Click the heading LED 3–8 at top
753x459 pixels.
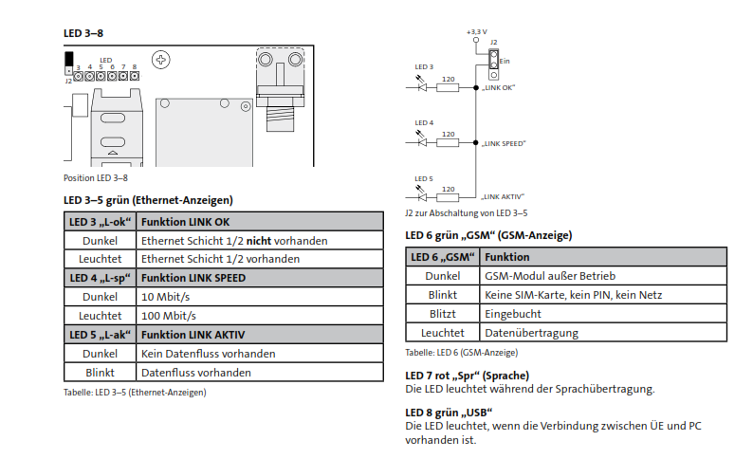point(83,33)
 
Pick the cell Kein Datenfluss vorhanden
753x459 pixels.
point(208,354)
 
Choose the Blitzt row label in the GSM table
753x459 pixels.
point(443,314)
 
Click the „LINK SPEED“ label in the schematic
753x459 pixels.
point(503,143)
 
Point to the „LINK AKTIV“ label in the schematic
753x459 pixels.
point(502,195)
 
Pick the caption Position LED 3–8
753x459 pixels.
point(96,177)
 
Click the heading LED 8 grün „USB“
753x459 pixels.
point(449,413)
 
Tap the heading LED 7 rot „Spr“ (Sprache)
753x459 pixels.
point(468,376)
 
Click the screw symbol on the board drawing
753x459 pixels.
point(163,61)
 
